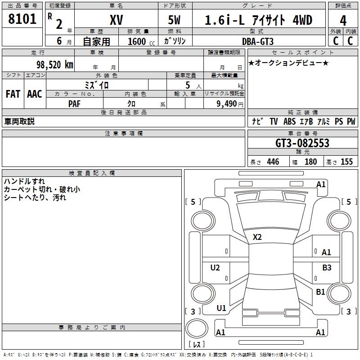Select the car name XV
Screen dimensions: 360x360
(x=117, y=20)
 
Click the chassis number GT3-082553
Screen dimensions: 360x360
(x=302, y=143)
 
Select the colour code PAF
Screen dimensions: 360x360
(x=75, y=103)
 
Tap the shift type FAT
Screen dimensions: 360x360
(x=13, y=94)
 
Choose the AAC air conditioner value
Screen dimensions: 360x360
(x=35, y=94)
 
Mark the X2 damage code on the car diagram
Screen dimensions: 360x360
(x=257, y=237)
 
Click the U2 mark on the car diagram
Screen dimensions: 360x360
(x=215, y=268)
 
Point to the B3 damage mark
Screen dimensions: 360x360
(x=327, y=268)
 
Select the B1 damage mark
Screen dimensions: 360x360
(x=320, y=292)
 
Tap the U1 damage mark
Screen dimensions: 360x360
(x=221, y=308)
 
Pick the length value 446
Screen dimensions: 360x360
(x=273, y=162)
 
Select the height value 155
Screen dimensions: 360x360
(x=346, y=162)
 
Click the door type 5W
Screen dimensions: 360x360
(x=175, y=20)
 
